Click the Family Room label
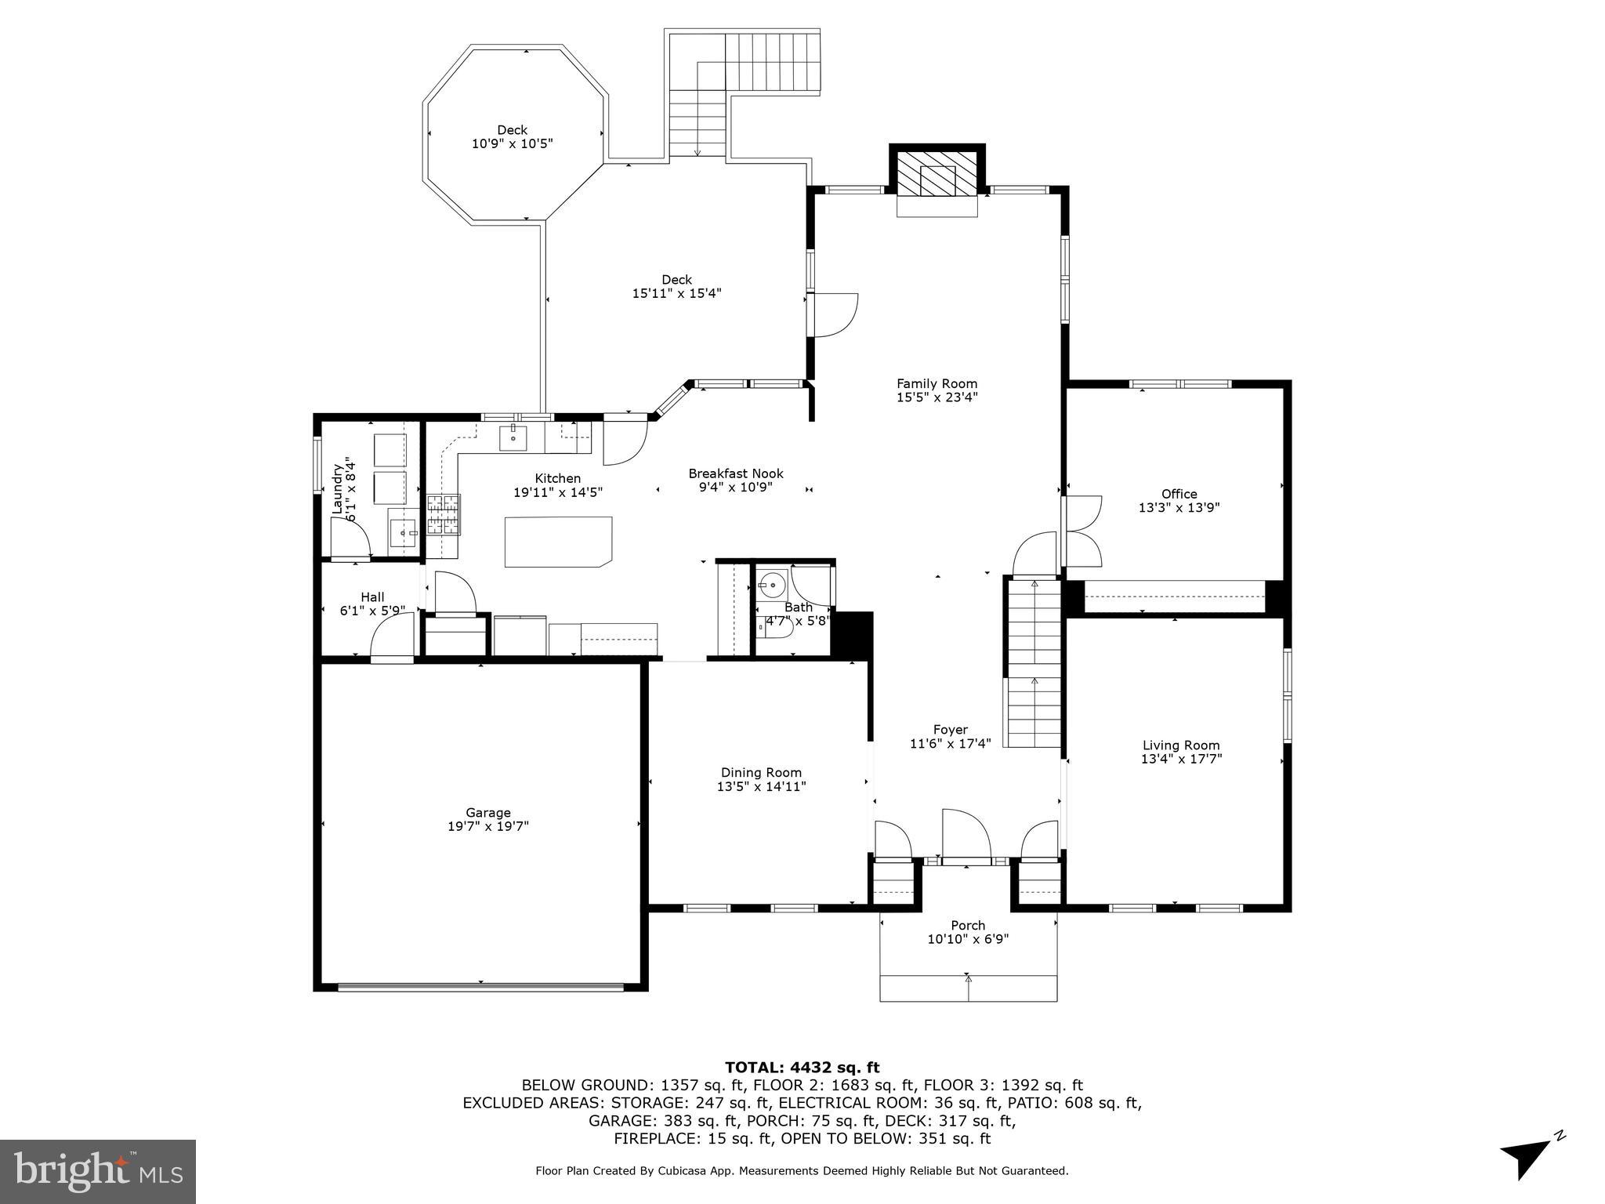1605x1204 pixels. click(937, 383)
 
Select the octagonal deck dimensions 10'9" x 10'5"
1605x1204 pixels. click(512, 144)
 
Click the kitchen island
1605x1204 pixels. click(557, 541)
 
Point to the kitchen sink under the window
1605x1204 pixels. click(513, 437)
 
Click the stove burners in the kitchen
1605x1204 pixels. click(444, 514)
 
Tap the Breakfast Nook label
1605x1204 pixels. click(735, 473)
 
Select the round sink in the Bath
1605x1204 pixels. click(774, 585)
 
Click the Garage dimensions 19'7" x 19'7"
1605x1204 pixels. click(487, 826)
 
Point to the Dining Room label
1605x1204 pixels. click(761, 772)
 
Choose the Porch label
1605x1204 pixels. click(967, 925)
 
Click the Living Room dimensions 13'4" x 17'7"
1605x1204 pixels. click(1181, 759)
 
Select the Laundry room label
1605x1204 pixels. click(339, 489)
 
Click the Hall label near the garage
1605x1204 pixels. click(372, 597)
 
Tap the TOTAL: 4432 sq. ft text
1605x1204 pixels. click(802, 1067)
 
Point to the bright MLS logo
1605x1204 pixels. click(98, 1171)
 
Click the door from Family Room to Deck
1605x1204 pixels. click(835, 314)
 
